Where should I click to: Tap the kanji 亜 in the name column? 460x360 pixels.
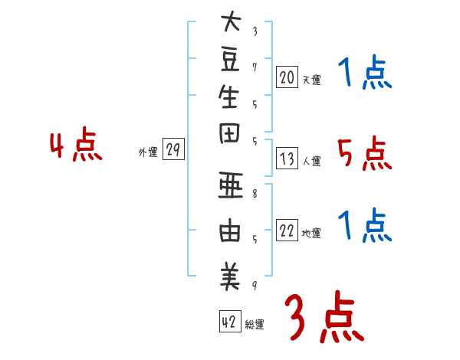coord(229,188)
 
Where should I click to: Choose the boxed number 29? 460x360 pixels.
coord(172,150)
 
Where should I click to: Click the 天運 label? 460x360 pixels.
coord(312,79)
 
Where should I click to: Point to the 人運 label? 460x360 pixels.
coord(312,162)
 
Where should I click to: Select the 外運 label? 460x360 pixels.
coord(147,152)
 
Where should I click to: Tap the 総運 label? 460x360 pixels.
coord(255,324)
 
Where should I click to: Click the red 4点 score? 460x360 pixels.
coord(76,146)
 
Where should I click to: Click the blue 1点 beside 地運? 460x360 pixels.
coord(364,226)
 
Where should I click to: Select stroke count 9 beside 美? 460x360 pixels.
coord(255,286)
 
